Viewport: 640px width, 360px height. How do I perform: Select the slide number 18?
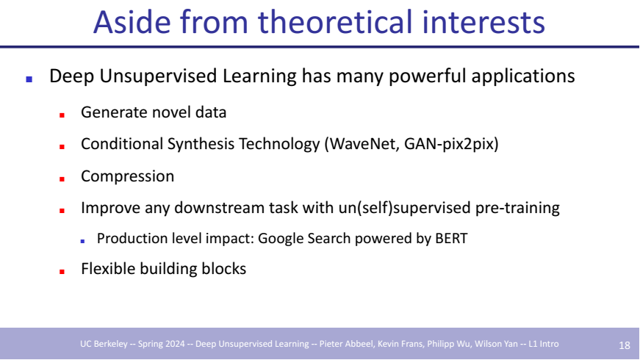pos(625,345)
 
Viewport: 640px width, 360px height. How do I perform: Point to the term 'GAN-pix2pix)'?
pos(451,144)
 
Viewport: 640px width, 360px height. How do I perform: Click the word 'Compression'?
pos(127,176)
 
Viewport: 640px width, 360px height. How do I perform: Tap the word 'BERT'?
pos(451,238)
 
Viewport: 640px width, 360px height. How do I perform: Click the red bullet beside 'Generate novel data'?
pos(62,115)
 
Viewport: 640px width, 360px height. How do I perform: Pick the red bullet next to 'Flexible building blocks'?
pos(62,271)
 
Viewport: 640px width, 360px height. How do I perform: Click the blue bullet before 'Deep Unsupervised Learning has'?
pos(29,79)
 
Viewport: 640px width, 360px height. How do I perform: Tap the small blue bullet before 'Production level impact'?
pos(82,241)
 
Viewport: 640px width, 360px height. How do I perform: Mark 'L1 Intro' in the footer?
pos(543,344)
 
